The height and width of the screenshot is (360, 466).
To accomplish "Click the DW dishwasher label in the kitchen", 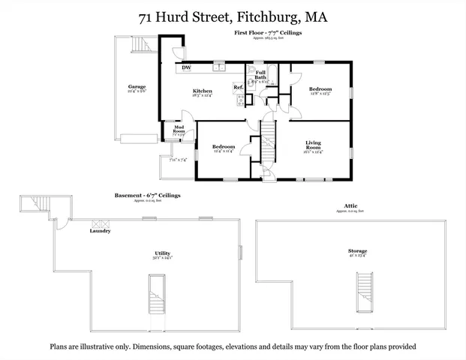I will coord(185,68).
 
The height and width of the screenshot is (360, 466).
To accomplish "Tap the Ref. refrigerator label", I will coord(238,88).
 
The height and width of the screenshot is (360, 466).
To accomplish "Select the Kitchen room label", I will coord(202,92).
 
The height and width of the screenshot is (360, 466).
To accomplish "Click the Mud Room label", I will coord(179,130).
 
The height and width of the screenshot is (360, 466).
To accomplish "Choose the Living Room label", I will coord(313,145).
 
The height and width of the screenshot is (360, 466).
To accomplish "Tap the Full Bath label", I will coord(260,75).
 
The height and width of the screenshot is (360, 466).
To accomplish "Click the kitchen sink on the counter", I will coord(218,67).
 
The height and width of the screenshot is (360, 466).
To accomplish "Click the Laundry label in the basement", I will coord(100,231).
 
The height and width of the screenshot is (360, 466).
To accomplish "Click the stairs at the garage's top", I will coord(140,46).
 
